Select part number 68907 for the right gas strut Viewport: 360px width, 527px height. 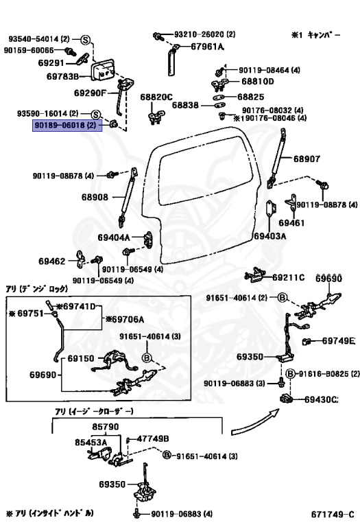pyautogui.click(x=307, y=159)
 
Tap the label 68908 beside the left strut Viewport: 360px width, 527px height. pyautogui.click(x=95, y=197)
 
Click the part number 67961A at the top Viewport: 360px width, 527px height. pyautogui.click(x=207, y=47)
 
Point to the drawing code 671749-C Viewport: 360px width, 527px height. pyautogui.click(x=333, y=514)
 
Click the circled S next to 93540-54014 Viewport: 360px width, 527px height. pyautogui.click(x=86, y=40)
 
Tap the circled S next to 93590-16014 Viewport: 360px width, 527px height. pyautogui.click(x=96, y=115)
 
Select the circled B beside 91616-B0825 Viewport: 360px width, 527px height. pyautogui.click(x=290, y=374)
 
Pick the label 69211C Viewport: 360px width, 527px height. pyautogui.click(x=288, y=277)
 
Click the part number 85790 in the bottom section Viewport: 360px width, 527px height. pyautogui.click(x=106, y=427)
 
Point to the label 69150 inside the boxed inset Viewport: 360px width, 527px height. pyautogui.click(x=81, y=358)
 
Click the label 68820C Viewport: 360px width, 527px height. pyautogui.click(x=156, y=97)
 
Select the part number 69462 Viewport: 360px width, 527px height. pyautogui.click(x=51, y=261)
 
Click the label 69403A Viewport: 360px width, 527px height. pyautogui.click(x=270, y=236)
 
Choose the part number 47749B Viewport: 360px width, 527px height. pyautogui.click(x=153, y=438)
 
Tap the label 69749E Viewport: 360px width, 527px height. pyautogui.click(x=338, y=341)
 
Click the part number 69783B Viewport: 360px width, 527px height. pyautogui.click(x=62, y=77)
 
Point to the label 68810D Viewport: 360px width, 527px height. pyautogui.click(x=258, y=82)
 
